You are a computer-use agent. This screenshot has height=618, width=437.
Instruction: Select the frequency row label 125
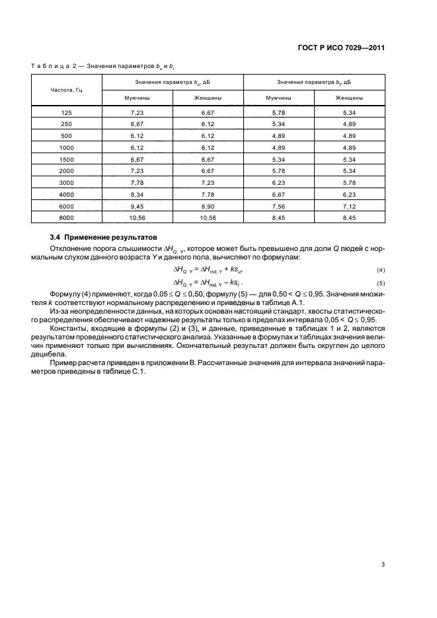[x=66, y=114]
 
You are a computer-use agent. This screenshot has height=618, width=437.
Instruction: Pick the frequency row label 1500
[x=66, y=159]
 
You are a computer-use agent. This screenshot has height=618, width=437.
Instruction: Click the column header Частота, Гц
[x=66, y=89]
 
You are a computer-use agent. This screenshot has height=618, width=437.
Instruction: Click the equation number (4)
[x=380, y=271]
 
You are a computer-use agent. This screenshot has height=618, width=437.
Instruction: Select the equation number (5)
[x=380, y=284]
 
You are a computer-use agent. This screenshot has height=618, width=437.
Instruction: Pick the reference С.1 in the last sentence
[x=141, y=370]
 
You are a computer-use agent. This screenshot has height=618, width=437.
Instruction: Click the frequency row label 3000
[x=66, y=182]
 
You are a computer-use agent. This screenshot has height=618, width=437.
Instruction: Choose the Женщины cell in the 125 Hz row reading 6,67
[x=208, y=114]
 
